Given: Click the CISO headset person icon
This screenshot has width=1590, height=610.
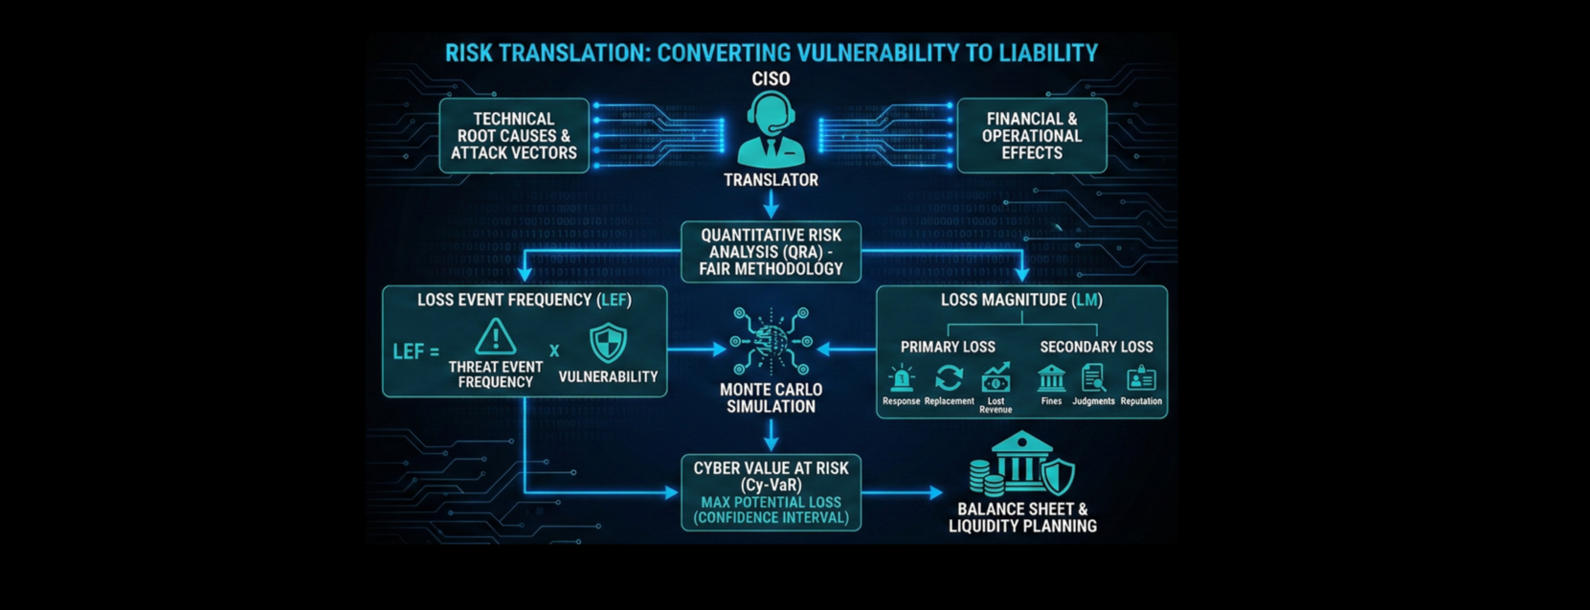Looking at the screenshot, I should (x=771, y=129).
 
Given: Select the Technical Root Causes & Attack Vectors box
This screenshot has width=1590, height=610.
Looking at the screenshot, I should (x=514, y=136).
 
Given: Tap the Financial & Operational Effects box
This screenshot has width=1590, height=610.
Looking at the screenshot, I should (x=1032, y=136).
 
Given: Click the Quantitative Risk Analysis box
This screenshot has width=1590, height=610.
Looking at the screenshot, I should (x=771, y=252).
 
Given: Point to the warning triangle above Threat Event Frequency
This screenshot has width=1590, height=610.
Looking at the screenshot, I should (x=495, y=337).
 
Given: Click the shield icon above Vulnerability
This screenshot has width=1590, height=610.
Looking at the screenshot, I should (x=608, y=342).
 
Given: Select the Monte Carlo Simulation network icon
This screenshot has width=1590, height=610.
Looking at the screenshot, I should (x=771, y=341).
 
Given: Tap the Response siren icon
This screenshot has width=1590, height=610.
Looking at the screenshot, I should (x=901, y=379).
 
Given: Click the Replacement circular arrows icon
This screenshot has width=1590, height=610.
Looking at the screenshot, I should (x=949, y=378).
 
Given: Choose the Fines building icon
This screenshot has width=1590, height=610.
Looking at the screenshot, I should (x=1051, y=379).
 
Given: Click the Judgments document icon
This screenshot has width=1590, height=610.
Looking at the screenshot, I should (x=1093, y=379).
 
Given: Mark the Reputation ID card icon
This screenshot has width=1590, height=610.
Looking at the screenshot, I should (x=1141, y=379).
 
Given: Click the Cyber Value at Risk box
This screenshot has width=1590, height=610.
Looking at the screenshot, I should (x=771, y=492).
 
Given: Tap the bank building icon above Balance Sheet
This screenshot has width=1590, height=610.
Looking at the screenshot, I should (x=1022, y=464).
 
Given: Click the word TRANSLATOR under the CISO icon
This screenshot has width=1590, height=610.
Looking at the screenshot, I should (x=771, y=180).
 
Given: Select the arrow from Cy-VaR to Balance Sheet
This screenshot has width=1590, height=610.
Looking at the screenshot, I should (x=903, y=492).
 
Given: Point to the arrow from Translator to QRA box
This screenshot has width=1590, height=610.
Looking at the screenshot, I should (x=771, y=203).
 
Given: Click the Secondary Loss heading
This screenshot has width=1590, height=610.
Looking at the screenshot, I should (x=1096, y=347).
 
